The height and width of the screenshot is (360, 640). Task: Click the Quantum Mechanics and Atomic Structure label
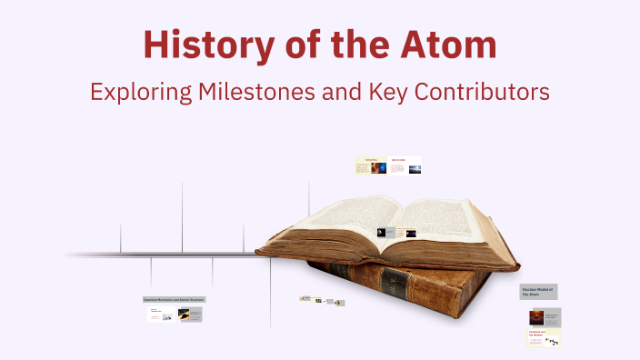(x=174, y=299)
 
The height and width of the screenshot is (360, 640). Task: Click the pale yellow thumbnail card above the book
(x=371, y=166)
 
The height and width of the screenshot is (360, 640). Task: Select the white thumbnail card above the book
(x=405, y=166)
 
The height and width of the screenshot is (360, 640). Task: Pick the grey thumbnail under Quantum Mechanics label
(x=189, y=315)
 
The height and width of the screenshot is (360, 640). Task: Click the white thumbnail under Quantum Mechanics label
(x=160, y=315)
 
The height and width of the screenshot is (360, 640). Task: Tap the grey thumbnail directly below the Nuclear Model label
(x=545, y=316)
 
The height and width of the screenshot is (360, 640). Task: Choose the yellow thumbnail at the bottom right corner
(x=545, y=338)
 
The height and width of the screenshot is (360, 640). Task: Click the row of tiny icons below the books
(x=322, y=300)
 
